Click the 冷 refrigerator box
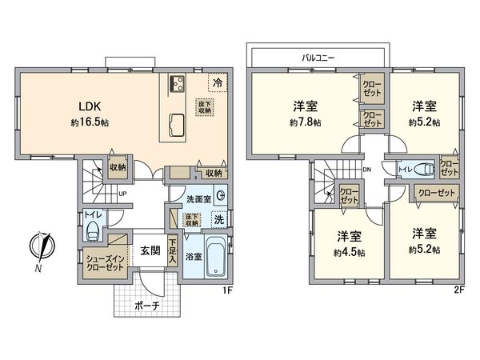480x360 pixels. click(x=216, y=81)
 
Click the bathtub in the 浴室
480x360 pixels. click(x=214, y=258)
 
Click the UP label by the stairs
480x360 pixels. click(x=122, y=194)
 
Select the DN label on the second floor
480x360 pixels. click(x=366, y=170)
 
